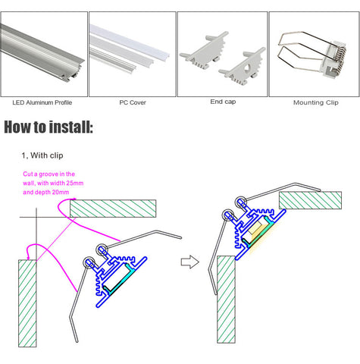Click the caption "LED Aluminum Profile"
tap(42, 102)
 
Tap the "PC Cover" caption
tap(133, 102)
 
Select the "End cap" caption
tap(223, 102)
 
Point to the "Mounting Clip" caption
tap(316, 102)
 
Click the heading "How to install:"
tap(49, 127)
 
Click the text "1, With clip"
tap(42, 155)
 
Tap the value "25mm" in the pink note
tap(75, 183)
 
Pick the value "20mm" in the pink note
tap(61, 192)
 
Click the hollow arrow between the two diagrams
tap(190, 262)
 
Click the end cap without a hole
tap(204, 51)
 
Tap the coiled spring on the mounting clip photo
tap(340, 58)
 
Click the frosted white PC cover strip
tap(130, 40)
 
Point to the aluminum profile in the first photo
tap(42, 52)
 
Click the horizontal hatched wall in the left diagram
tap(113, 209)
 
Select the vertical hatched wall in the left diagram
tap(27, 303)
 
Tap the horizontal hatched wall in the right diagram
tap(311, 200)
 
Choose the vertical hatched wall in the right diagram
tap(226, 300)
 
